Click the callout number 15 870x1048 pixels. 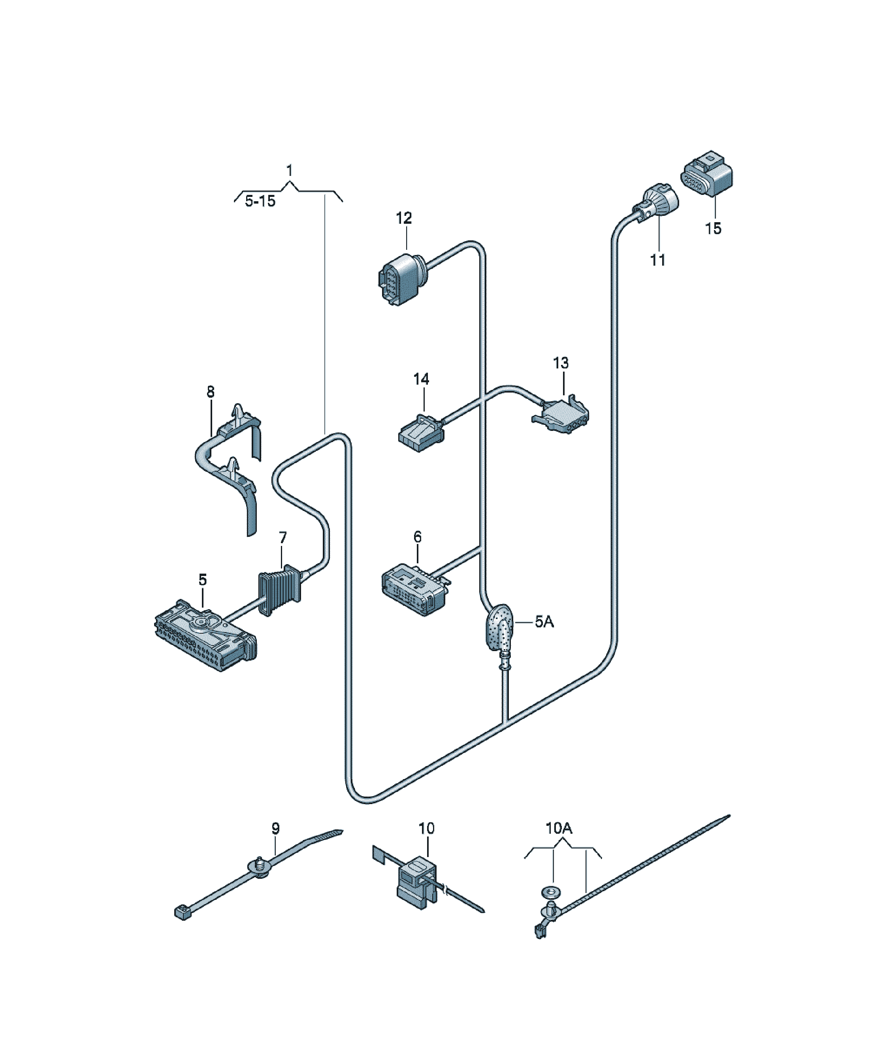713,228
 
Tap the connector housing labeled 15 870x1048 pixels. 706,175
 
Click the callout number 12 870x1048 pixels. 404,218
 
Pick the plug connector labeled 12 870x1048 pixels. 401,278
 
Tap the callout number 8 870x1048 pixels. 211,392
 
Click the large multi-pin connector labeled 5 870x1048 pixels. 205,635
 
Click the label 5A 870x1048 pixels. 544,622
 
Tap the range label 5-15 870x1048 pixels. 260,201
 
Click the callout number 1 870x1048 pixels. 289,171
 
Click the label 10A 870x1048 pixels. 559,829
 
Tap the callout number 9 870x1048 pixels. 275,829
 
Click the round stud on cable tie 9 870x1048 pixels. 260,867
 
